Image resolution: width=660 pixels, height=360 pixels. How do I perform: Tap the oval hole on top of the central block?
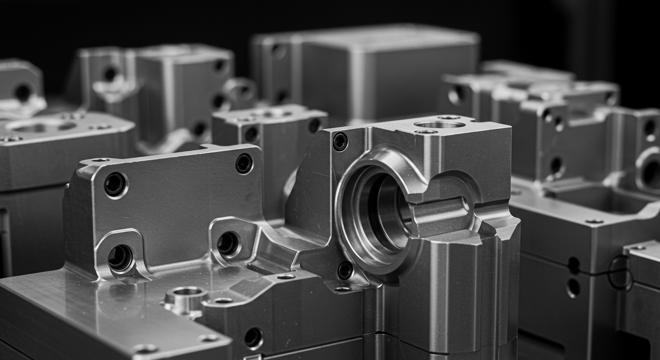coord(439,125)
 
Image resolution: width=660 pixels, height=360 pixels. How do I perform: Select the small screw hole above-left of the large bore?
coord(340,142)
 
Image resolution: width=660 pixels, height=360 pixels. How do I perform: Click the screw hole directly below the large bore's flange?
coord(345,270)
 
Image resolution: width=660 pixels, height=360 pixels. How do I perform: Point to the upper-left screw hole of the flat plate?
coord(115,184)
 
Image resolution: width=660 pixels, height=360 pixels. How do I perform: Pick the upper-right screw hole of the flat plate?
coord(244,164)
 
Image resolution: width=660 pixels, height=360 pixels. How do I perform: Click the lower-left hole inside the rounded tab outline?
coord(120,258)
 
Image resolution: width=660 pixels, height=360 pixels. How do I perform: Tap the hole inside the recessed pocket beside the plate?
coord(228,244)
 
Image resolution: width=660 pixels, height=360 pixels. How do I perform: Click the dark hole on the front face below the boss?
coord(253,337)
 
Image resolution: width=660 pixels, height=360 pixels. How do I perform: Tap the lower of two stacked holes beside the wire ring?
coord(573,287)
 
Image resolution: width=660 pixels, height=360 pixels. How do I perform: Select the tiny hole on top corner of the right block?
coord(594,221)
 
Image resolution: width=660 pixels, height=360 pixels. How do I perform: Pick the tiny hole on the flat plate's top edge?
coord(100,160)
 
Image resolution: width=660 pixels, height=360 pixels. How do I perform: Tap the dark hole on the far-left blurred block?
coord(22,92)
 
